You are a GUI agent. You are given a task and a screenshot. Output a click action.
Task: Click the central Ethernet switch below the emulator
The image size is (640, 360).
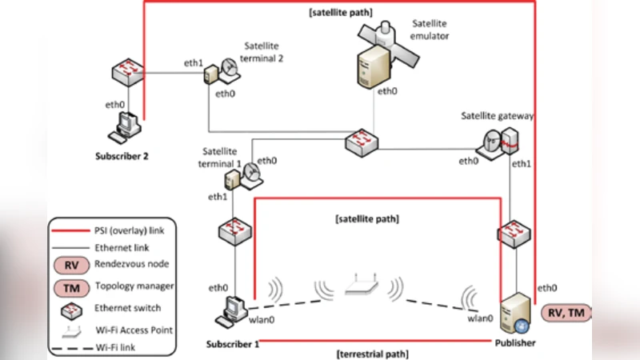365,144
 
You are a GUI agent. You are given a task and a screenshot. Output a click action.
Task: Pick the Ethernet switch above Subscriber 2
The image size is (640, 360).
129,73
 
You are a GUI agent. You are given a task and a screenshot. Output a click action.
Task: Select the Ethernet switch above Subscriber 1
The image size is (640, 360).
235,232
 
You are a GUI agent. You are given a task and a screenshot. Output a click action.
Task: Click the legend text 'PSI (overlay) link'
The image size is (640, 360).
135,230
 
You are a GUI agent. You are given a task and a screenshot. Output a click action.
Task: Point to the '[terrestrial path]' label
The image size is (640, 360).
373,353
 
